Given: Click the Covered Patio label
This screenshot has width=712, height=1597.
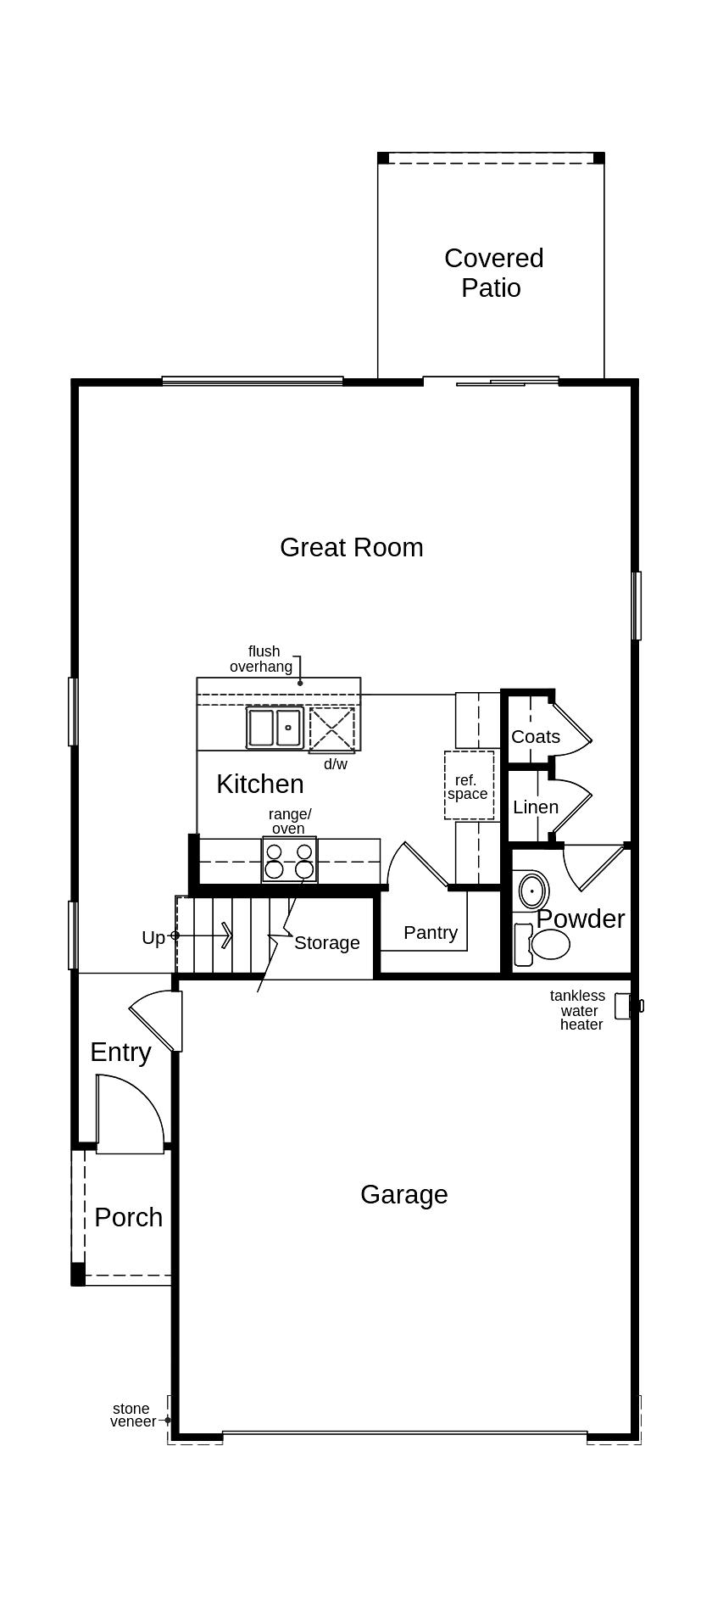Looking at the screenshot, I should coord(493,273).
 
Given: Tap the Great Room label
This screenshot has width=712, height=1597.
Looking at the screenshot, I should coord(352,548).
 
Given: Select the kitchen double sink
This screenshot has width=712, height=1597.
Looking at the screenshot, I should coord(275,728).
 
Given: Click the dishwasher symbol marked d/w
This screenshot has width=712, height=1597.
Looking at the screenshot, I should coord(331,728).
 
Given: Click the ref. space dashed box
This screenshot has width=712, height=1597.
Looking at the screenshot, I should coord(469,785).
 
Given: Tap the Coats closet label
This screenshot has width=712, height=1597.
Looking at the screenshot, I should coord(535,736).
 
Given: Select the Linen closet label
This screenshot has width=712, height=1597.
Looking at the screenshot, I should coord(535,807).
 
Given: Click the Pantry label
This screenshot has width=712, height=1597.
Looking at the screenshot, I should coord(430,933).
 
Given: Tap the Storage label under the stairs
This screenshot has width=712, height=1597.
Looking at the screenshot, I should coord(326,943).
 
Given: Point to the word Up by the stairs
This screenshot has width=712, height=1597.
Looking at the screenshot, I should coord(153,938).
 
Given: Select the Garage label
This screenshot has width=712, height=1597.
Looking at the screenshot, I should coord(403,1195).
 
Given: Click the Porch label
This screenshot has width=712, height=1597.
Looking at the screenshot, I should coord(128,1218).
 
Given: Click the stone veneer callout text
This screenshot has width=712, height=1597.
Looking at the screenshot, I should coord(132,1415).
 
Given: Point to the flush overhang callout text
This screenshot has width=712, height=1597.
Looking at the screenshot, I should coord(262,659).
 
